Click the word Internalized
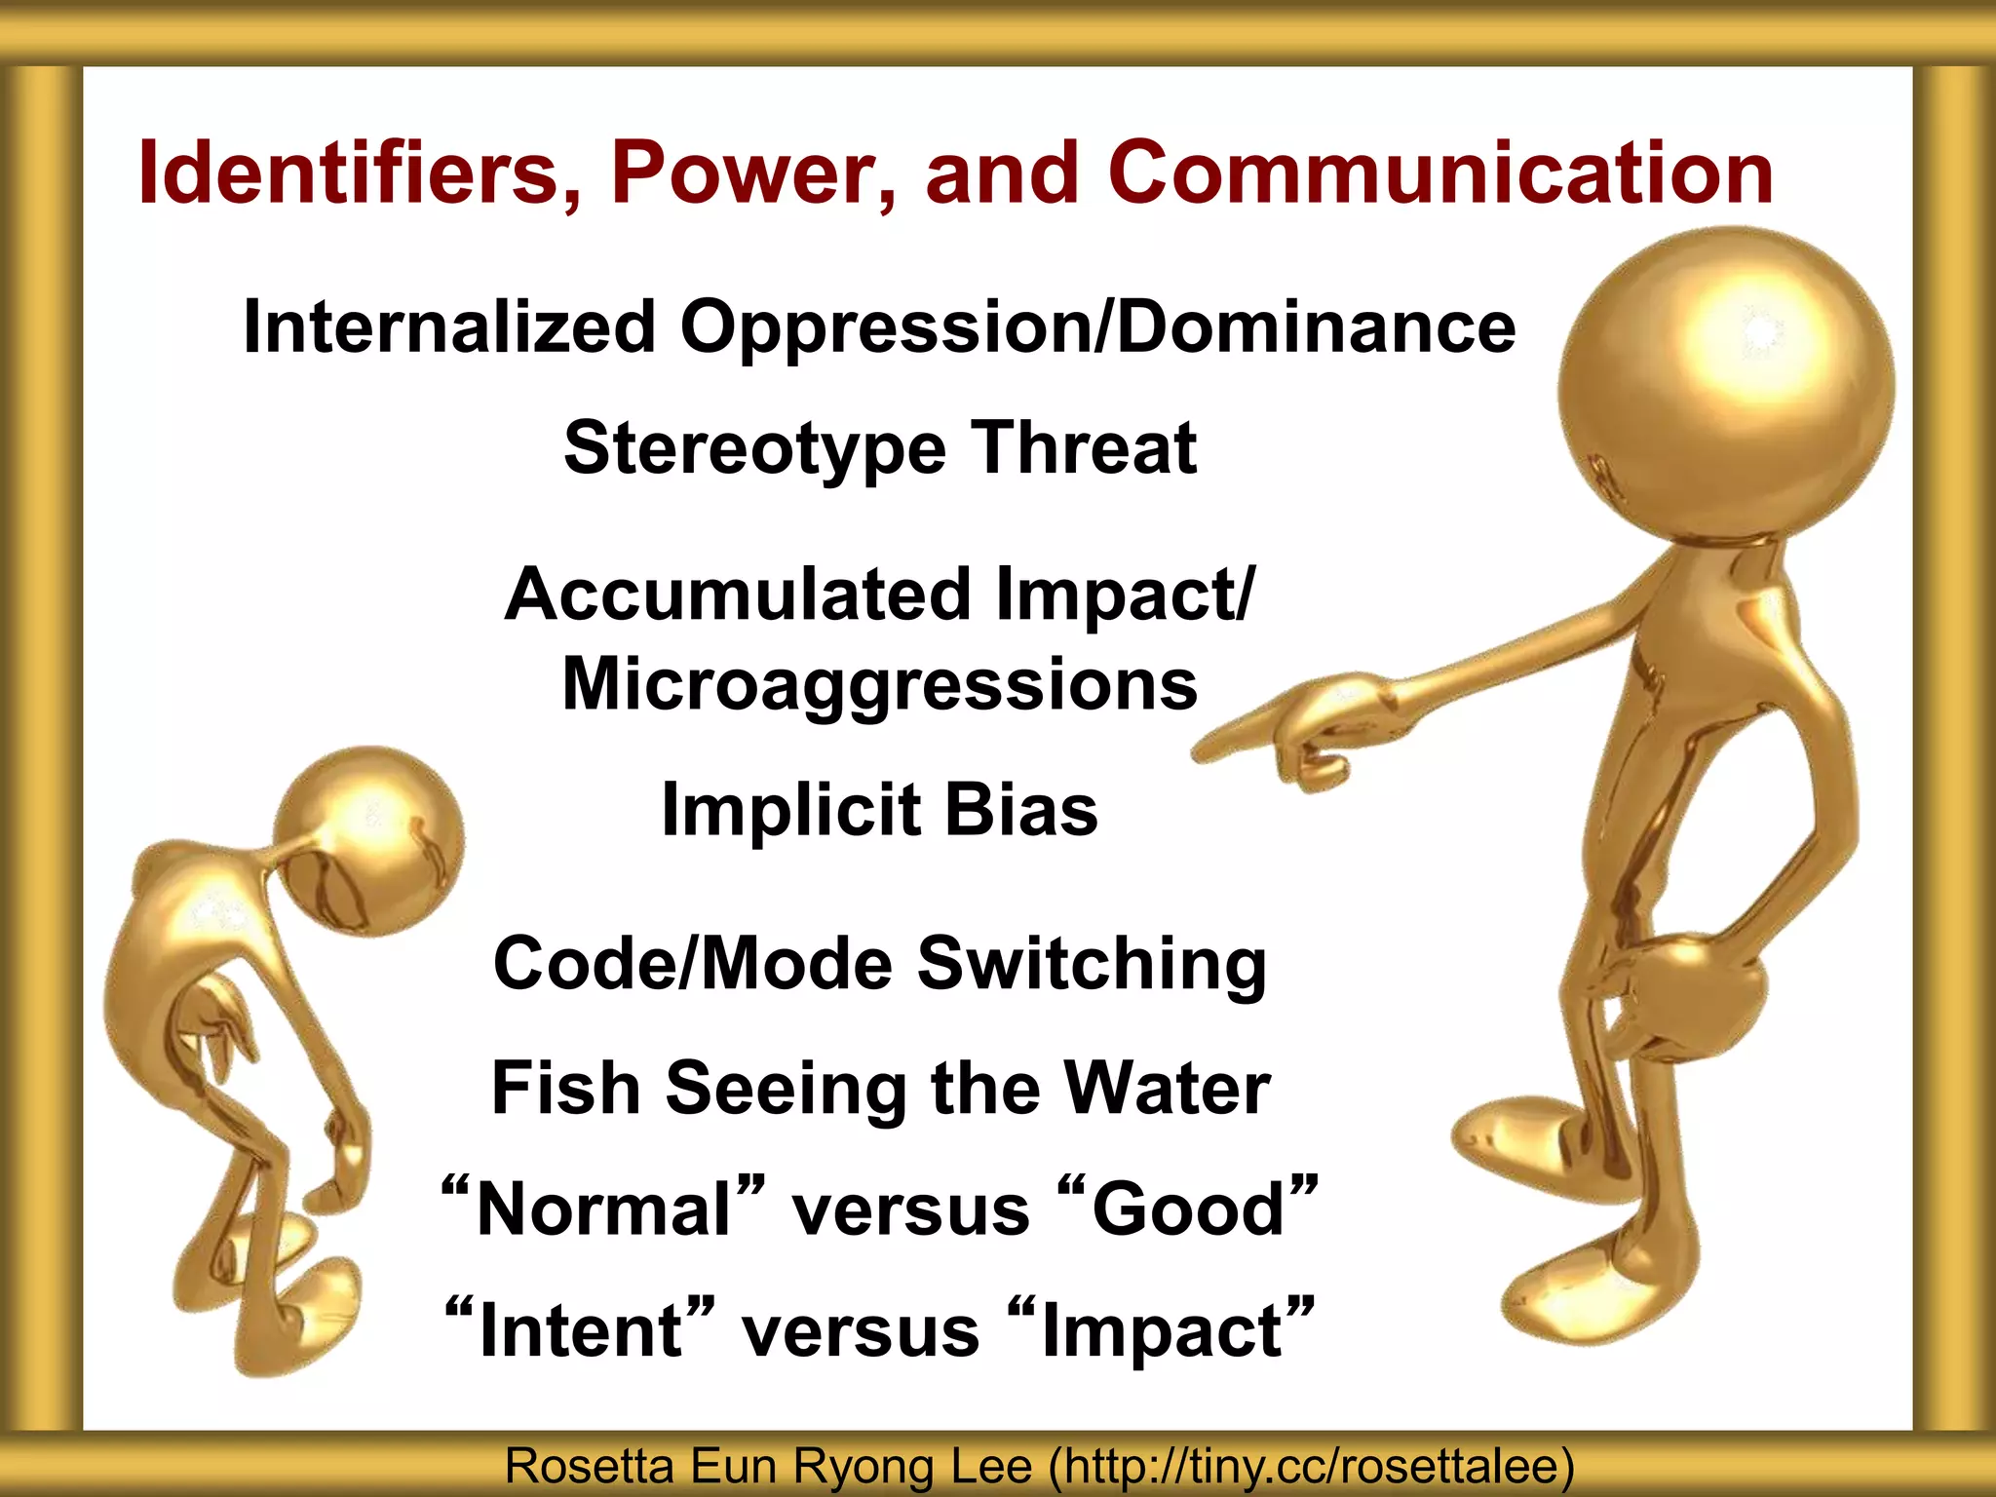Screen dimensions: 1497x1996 coord(449,326)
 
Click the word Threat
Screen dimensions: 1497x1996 coord(1084,448)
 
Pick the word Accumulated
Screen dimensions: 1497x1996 coord(738,595)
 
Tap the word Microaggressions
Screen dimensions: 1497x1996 coord(880,684)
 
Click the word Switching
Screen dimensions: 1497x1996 coord(1093,963)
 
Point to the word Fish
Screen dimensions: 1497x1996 coord(566,1088)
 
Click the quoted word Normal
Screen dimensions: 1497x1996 coord(603,1209)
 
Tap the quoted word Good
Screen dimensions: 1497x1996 coord(1188,1209)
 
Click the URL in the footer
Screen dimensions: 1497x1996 coord(1311,1467)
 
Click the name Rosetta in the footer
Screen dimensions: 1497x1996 coord(590,1467)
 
